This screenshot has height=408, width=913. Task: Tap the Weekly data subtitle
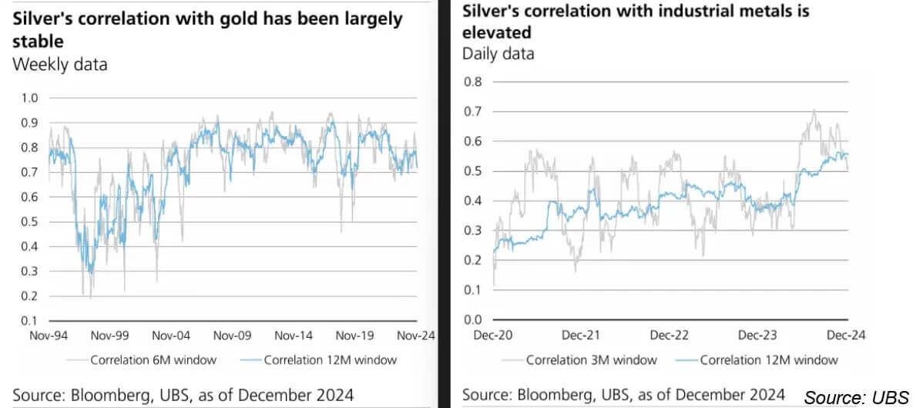point(60,65)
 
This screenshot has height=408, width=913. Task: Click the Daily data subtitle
point(498,54)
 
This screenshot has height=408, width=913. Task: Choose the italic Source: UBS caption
point(855,398)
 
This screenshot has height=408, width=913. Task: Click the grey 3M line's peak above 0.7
point(814,110)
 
